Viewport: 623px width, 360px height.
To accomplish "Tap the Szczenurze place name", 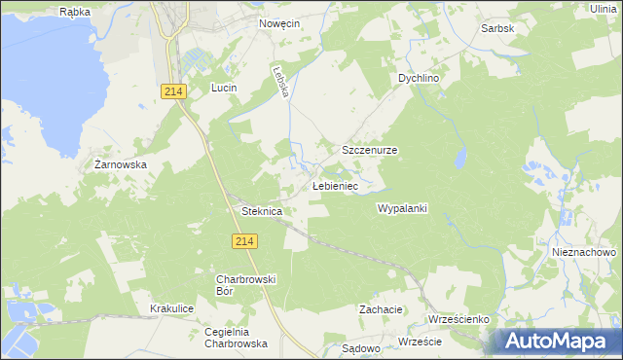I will (x=369, y=151).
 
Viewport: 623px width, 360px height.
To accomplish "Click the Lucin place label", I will (x=225, y=88).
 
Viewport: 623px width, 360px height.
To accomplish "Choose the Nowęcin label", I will (x=278, y=22).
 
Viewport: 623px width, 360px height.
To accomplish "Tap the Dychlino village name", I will (x=420, y=78).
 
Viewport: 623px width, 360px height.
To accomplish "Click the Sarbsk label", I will (x=497, y=29).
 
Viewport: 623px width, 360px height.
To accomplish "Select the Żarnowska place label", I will (x=121, y=165).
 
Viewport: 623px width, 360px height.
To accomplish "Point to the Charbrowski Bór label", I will (x=246, y=285).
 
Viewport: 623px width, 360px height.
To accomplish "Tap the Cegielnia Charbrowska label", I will (x=237, y=337).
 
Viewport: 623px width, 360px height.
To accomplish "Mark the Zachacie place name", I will (x=381, y=309).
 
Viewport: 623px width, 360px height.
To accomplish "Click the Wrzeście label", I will (x=421, y=342).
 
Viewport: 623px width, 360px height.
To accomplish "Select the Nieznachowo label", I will (x=583, y=251).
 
